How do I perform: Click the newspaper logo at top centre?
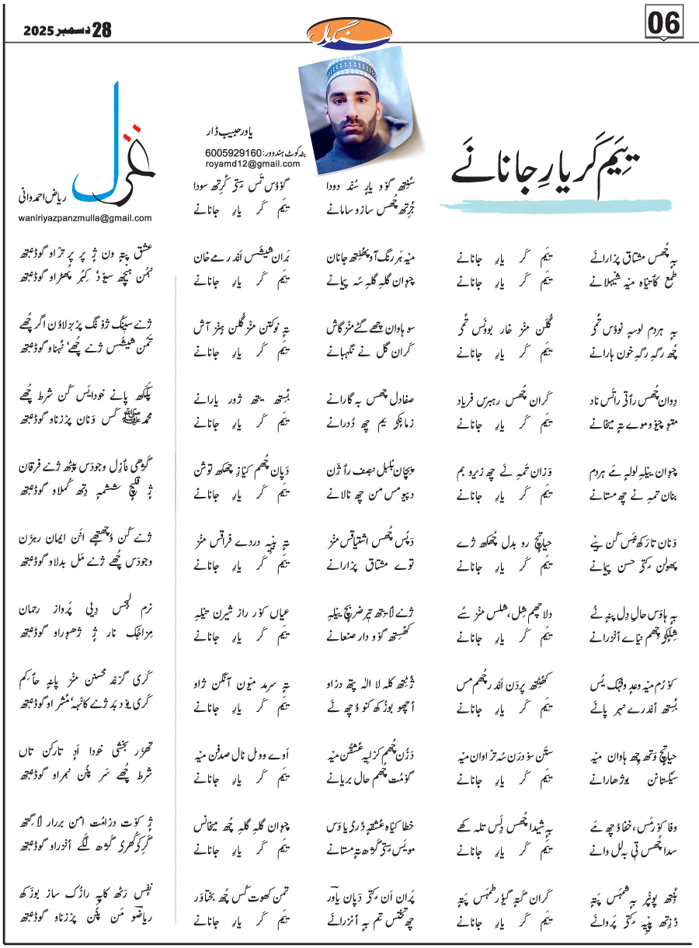[350, 30]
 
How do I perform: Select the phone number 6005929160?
[232, 154]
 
